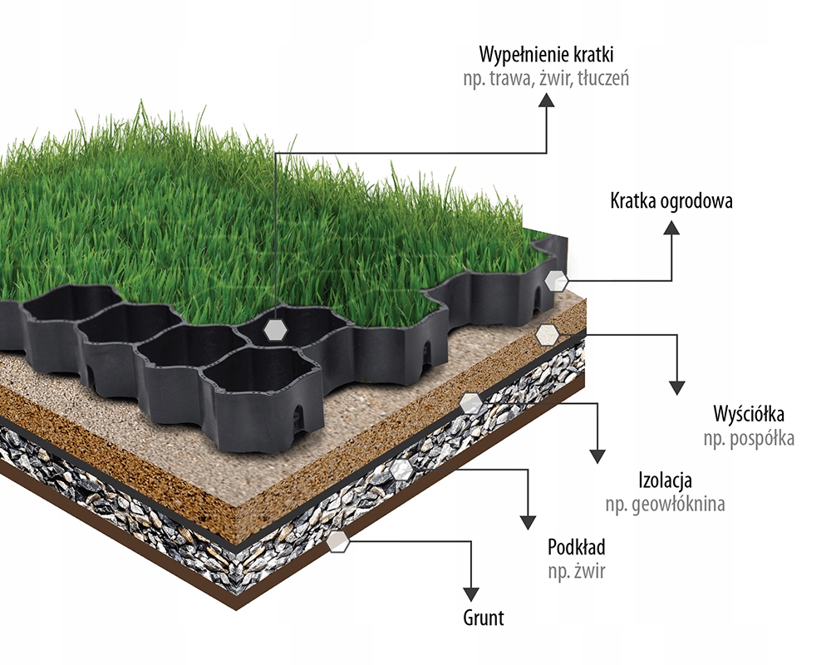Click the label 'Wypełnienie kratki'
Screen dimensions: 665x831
point(546,56)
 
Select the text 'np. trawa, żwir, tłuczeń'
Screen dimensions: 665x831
point(546,79)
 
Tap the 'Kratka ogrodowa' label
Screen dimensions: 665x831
point(671,201)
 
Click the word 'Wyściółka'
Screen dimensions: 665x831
point(749,414)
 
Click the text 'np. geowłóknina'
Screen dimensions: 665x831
point(665,504)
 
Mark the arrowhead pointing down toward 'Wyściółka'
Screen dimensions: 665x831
point(676,387)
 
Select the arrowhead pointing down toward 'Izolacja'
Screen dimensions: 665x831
point(596,456)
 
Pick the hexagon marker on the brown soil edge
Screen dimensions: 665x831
point(338,542)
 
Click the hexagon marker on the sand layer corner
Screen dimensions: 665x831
point(547,335)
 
